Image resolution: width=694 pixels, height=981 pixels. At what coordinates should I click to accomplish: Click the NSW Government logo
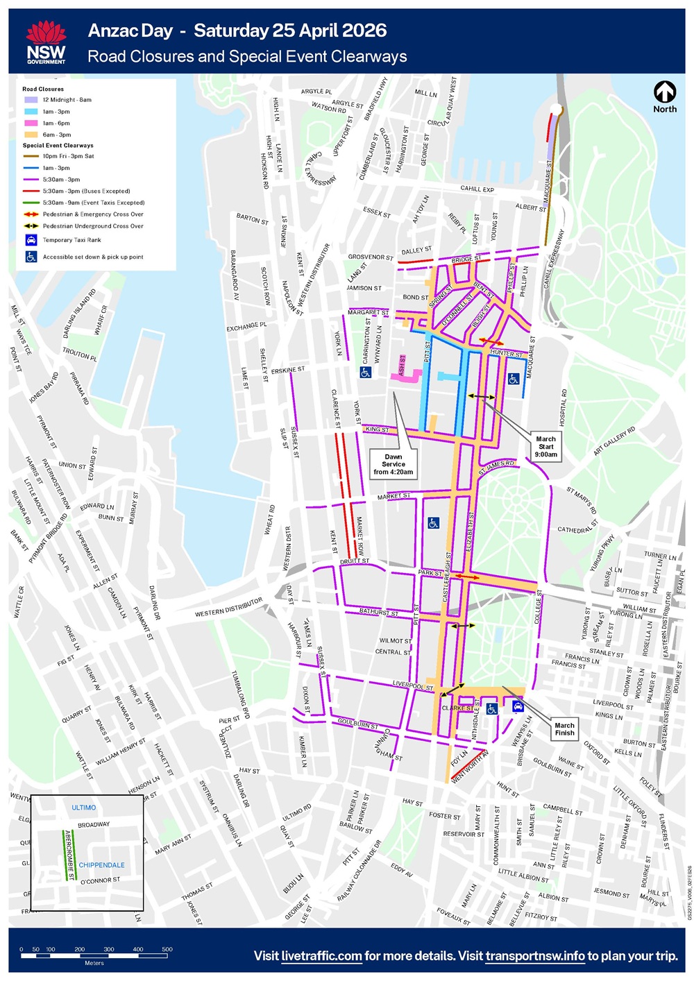coord(46,42)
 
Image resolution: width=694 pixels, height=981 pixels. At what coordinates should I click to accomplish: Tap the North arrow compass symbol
coord(665,92)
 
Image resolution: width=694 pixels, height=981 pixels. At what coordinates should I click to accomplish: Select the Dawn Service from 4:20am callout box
coord(393,464)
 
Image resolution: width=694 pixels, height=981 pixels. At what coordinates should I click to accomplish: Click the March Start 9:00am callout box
coord(545,447)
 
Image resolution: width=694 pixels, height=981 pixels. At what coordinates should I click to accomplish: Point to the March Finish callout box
coord(564,729)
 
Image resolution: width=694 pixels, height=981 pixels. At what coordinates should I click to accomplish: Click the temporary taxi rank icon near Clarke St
coord(518,706)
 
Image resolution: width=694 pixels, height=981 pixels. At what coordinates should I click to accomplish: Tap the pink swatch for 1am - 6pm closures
coord(31,123)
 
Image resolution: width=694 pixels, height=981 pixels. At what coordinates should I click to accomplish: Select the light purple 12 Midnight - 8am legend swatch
coord(31,100)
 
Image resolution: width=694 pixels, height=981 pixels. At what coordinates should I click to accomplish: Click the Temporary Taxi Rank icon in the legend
coord(31,240)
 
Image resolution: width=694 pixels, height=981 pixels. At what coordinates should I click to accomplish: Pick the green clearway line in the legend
coord(31,203)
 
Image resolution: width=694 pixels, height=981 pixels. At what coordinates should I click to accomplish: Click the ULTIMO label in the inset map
coord(84,808)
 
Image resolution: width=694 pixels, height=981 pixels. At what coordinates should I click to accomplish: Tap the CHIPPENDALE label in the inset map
coord(102,865)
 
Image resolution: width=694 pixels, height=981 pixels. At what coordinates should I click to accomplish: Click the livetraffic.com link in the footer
coord(321,956)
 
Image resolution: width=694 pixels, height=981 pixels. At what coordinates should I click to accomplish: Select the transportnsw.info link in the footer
coord(534,956)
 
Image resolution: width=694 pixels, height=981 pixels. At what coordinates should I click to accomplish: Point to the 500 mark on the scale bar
coord(167,949)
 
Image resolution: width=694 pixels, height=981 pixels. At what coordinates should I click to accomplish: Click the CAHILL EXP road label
coord(477,189)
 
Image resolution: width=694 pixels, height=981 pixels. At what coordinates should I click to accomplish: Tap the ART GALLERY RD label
coord(615,441)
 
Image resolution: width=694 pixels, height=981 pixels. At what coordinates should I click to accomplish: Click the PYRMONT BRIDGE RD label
coord(49,538)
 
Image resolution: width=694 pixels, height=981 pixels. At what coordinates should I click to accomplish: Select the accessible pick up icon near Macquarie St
coord(514,379)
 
